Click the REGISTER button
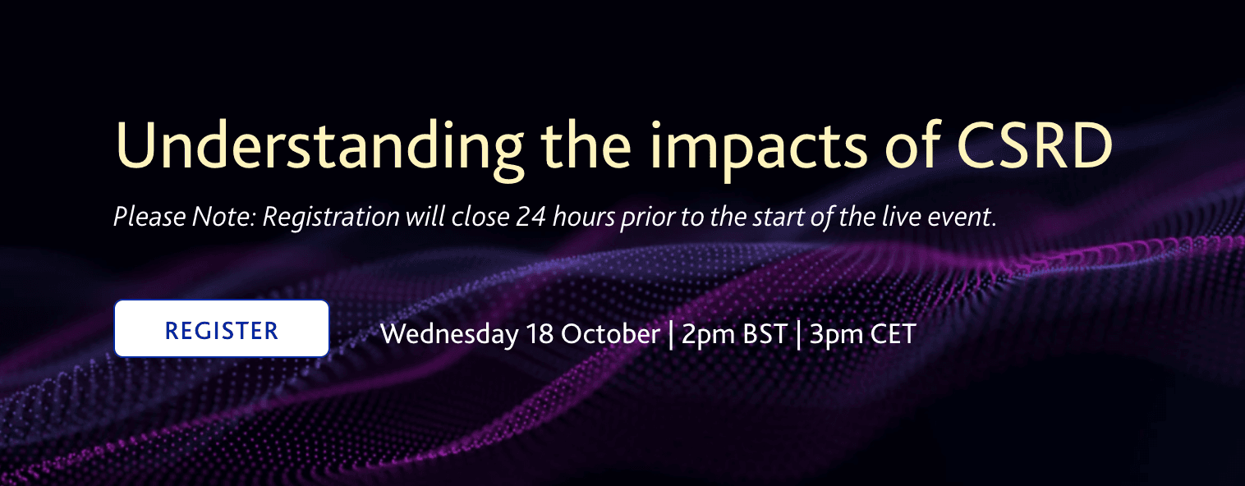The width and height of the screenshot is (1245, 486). click(x=222, y=329)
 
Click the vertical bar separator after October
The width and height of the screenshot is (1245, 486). click(x=671, y=335)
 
